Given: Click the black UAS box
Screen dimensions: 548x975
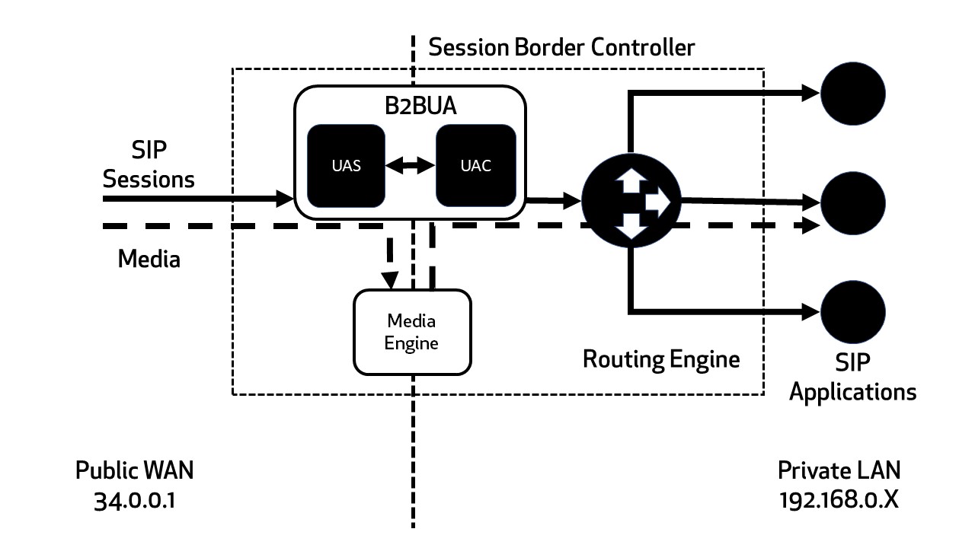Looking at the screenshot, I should [346, 165].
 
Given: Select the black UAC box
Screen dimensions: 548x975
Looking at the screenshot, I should [476, 165].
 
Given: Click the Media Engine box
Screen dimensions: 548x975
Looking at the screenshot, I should [412, 332].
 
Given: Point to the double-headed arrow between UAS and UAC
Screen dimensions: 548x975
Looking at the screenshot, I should [410, 166].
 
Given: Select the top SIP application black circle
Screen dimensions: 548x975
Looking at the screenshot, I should [853, 93].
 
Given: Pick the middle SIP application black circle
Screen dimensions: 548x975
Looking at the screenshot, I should [853, 203].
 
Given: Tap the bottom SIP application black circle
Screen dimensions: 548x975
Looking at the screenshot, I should [853, 312].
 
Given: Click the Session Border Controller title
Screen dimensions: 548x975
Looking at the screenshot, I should [561, 47].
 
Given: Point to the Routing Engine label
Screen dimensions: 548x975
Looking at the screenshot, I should [660, 358].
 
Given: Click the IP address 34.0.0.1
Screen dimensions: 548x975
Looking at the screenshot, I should [134, 501].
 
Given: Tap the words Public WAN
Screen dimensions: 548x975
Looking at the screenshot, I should [134, 470].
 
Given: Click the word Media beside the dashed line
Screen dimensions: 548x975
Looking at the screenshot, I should [149, 259].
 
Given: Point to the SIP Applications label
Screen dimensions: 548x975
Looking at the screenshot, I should [852, 378].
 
